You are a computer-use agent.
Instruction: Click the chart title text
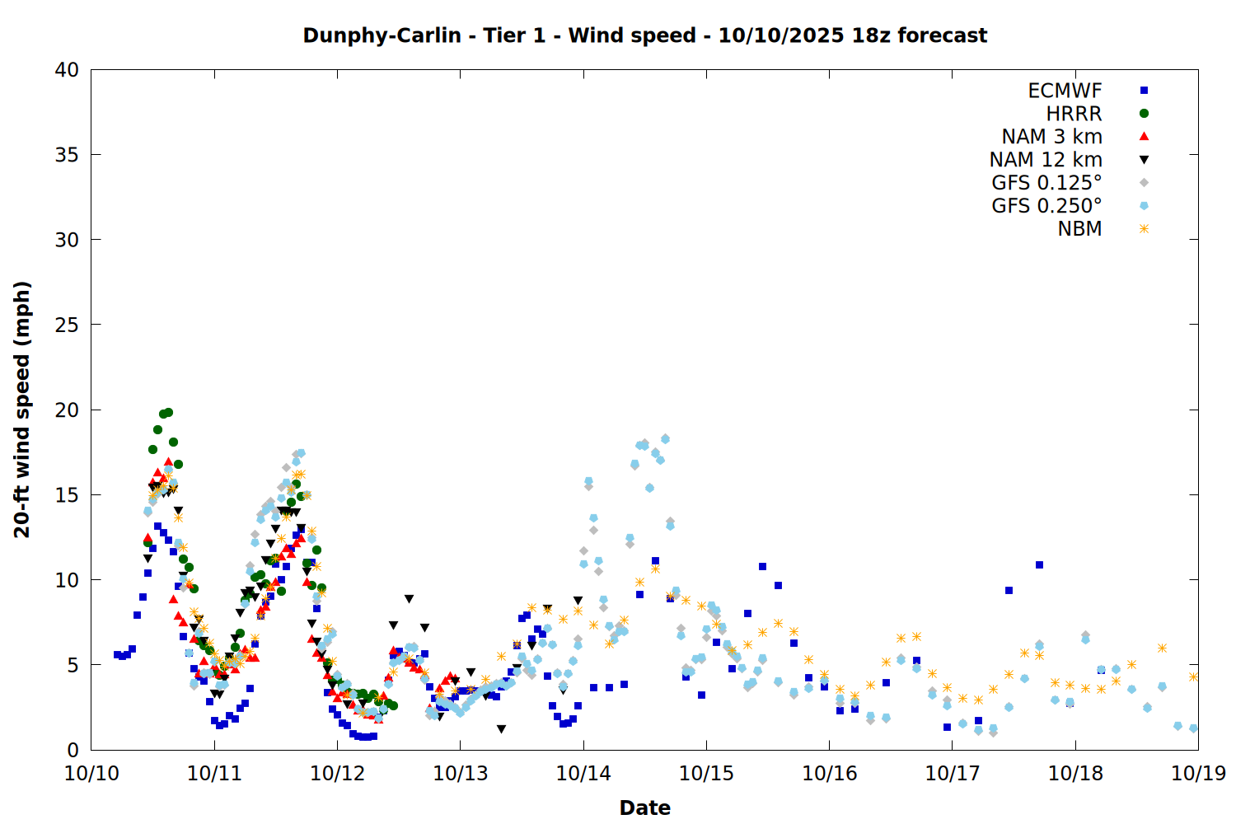[x=644, y=35]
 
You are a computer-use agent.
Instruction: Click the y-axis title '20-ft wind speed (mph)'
[x=22, y=410]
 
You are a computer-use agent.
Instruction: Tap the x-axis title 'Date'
[x=644, y=808]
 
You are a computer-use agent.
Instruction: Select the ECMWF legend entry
[x=1065, y=91]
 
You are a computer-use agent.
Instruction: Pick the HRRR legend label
[x=1074, y=114]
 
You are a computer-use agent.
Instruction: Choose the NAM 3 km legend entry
[x=1051, y=137]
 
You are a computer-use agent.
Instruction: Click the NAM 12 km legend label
[x=1046, y=160]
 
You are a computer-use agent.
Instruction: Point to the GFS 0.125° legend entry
[x=1046, y=183]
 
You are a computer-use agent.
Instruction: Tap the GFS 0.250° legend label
[x=1046, y=206]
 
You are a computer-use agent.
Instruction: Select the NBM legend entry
[x=1079, y=229]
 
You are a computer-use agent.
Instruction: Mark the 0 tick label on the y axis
[x=73, y=750]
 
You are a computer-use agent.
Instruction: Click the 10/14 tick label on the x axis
[x=583, y=773]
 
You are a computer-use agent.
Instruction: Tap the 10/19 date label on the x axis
[x=1198, y=773]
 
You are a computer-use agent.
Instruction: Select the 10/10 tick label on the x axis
[x=91, y=773]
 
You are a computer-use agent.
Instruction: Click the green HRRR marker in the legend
[x=1144, y=114]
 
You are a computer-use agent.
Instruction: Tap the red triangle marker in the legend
[x=1144, y=137]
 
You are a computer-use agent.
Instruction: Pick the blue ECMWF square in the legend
[x=1144, y=91]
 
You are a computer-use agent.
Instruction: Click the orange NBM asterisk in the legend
[x=1144, y=229]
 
